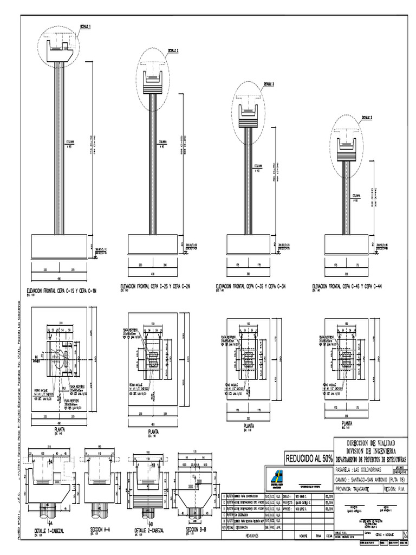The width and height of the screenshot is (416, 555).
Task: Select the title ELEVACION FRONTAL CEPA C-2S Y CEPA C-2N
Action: (x=158, y=286)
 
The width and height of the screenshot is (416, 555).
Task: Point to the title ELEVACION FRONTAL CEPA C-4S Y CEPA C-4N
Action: (x=347, y=286)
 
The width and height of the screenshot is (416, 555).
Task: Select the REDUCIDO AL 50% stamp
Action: (x=307, y=458)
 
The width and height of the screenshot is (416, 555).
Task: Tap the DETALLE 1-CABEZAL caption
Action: (x=49, y=531)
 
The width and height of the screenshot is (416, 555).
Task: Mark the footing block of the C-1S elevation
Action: (x=60, y=244)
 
